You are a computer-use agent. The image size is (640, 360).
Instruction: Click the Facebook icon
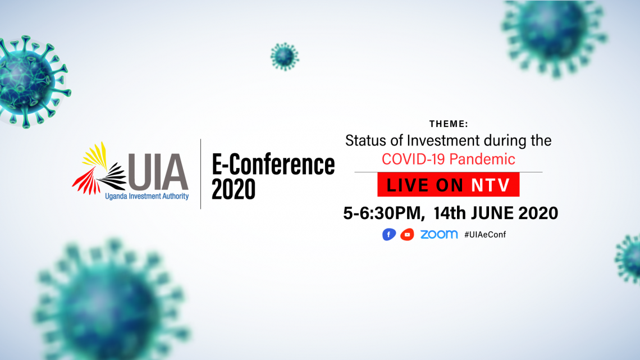[x=388, y=234]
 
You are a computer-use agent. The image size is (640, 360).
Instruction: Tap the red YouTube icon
[x=407, y=234]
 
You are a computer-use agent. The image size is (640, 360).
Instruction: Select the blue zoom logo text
[x=439, y=234]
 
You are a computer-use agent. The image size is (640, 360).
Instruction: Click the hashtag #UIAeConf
[x=485, y=234]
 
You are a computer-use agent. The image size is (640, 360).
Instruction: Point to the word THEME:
[x=449, y=124]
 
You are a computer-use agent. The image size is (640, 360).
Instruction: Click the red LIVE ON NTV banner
[x=448, y=184]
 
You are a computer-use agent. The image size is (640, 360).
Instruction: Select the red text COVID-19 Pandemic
[x=448, y=159]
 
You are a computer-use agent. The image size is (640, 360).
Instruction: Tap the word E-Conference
[x=273, y=164]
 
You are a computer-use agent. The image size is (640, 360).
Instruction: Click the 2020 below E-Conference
[x=234, y=189]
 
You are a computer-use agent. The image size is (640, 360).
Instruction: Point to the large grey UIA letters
[x=158, y=172]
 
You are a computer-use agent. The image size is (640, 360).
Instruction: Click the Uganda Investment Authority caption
[x=147, y=197]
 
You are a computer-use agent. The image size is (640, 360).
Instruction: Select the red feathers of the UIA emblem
[x=86, y=181]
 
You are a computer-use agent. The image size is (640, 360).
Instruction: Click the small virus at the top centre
[x=285, y=56]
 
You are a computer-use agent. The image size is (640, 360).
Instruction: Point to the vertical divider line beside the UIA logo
[x=201, y=174]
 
